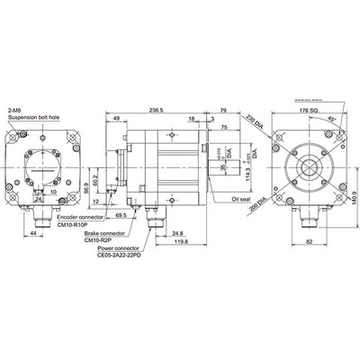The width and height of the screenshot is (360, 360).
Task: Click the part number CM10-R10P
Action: tap(76, 225)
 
